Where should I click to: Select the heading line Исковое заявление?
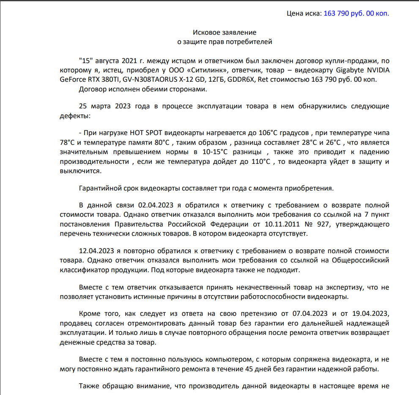coord(225,32)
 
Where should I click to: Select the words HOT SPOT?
coord(144,133)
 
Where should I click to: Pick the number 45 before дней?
coord(249,369)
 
